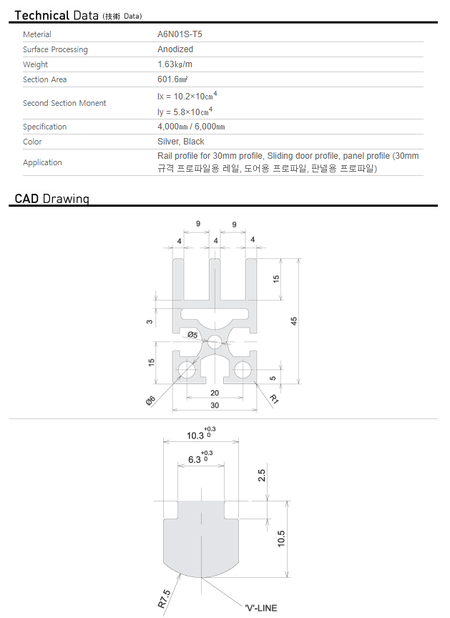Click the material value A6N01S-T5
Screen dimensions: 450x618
(x=180, y=34)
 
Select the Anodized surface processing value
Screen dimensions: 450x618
(x=175, y=49)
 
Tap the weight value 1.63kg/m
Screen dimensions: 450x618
(x=175, y=64)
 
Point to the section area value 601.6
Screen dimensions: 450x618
(x=172, y=79)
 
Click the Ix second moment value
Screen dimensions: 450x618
(x=187, y=96)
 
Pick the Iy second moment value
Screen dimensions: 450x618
(x=185, y=112)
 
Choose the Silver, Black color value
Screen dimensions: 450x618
(x=181, y=142)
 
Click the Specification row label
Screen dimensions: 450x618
(x=45, y=127)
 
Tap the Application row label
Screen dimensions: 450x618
(x=42, y=162)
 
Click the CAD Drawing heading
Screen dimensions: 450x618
(x=52, y=198)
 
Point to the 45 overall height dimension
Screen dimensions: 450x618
(x=294, y=321)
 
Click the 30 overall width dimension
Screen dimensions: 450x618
(x=215, y=405)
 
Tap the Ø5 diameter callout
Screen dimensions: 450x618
(x=192, y=335)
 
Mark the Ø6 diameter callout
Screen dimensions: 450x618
(x=150, y=401)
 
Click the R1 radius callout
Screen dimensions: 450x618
(x=274, y=399)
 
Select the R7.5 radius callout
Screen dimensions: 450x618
(x=165, y=599)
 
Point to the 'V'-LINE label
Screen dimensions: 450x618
(x=261, y=608)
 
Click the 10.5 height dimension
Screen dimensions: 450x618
(x=281, y=539)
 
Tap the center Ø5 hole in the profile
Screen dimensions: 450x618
(x=215, y=342)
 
